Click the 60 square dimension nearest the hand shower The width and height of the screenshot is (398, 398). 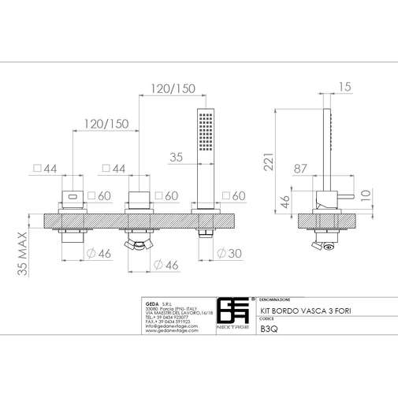(x=235, y=195)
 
